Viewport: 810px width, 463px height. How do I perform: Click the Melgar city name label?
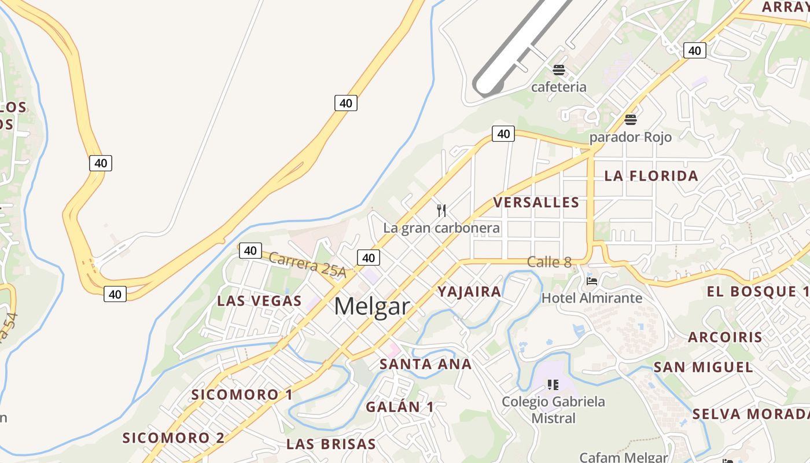click(371, 306)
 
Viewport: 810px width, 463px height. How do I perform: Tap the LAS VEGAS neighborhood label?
click(259, 301)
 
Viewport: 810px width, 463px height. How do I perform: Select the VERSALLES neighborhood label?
click(536, 203)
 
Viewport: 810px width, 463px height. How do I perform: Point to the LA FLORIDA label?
click(651, 176)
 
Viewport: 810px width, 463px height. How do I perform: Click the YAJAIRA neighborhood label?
click(469, 292)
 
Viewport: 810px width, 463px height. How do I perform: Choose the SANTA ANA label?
click(425, 364)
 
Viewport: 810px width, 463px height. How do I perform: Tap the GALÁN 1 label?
click(399, 407)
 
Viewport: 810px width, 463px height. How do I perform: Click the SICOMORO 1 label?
click(242, 395)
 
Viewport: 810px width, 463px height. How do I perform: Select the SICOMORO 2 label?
click(174, 438)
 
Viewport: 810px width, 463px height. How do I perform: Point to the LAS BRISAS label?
click(331, 444)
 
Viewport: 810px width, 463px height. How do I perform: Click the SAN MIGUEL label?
click(703, 368)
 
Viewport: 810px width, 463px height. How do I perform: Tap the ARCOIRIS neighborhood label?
click(725, 337)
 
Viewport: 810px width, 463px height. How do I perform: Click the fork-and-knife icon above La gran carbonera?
click(441, 210)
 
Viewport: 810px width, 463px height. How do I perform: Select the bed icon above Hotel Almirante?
click(592, 281)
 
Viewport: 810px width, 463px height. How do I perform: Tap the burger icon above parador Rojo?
click(631, 120)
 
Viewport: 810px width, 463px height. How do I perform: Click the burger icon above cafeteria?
click(559, 71)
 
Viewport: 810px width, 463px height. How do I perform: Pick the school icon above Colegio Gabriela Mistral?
click(553, 384)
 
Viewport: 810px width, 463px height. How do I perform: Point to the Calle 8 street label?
click(549, 262)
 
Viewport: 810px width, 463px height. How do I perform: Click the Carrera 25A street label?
click(307, 265)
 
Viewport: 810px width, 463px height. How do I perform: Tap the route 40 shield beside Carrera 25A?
click(250, 251)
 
